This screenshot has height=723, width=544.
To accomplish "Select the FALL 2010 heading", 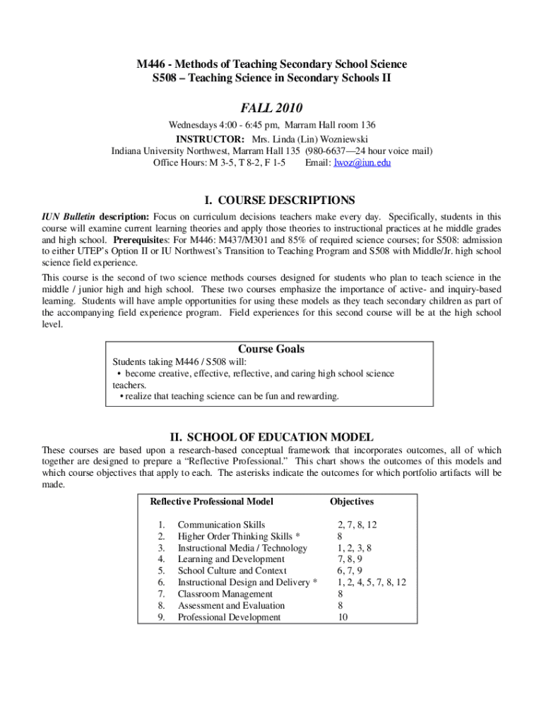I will pyautogui.click(x=271, y=108).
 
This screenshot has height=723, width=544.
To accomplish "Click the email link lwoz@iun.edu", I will pyautogui.click(x=363, y=162).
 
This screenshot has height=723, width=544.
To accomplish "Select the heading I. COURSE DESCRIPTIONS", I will pyautogui.click(x=272, y=201).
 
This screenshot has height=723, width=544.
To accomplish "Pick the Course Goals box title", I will pyautogui.click(x=271, y=349).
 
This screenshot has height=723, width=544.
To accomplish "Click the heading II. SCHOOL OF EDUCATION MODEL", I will pyautogui.click(x=272, y=437).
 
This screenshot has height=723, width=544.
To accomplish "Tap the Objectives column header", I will pyautogui.click(x=352, y=502).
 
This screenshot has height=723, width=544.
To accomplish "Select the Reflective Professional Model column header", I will pyautogui.click(x=211, y=502).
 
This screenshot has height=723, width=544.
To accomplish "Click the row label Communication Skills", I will pyautogui.click(x=221, y=525).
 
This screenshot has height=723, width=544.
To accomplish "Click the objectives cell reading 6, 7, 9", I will pyautogui.click(x=350, y=570).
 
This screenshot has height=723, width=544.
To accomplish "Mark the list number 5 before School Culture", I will pyautogui.click(x=162, y=570).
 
